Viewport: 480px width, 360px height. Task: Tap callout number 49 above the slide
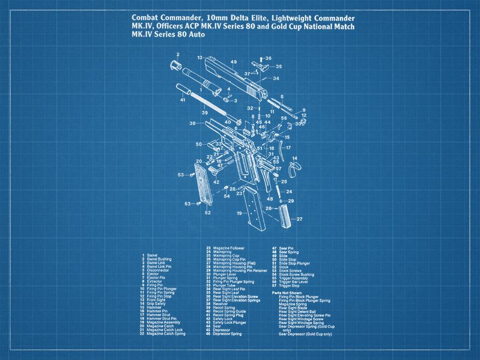click(x=234, y=62)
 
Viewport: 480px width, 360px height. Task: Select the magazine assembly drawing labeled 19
click(x=253, y=210)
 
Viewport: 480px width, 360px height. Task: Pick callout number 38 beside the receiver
click(x=192, y=123)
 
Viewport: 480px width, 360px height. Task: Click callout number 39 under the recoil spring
click(x=204, y=113)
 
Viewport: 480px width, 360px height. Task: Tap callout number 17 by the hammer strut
click(x=288, y=147)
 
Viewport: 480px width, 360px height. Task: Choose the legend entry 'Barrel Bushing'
click(x=160, y=258)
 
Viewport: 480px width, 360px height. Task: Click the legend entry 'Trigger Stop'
click(x=290, y=285)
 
